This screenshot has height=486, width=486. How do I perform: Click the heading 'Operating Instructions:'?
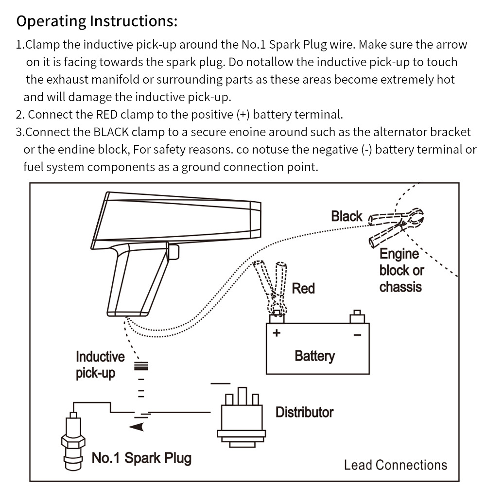coord(97,22)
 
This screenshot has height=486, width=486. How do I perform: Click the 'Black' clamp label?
coord(347,216)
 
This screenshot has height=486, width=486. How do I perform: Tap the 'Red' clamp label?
coord(303,288)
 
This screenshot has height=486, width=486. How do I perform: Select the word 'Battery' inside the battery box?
coord(314,356)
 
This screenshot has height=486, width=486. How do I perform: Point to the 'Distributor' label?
coord(304,412)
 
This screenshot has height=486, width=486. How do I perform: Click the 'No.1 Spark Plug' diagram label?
coord(141,457)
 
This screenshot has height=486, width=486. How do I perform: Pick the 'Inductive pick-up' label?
coord(100,365)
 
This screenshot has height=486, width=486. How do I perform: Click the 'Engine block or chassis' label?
coord(401,270)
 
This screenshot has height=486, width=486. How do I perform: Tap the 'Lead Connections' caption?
coord(395,465)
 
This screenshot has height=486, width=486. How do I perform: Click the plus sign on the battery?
coord(277,333)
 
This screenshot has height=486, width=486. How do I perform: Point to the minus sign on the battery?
coord(357,334)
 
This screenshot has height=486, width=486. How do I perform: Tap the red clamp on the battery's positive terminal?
coord(273,287)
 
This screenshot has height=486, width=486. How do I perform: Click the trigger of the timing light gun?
coord(174,252)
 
